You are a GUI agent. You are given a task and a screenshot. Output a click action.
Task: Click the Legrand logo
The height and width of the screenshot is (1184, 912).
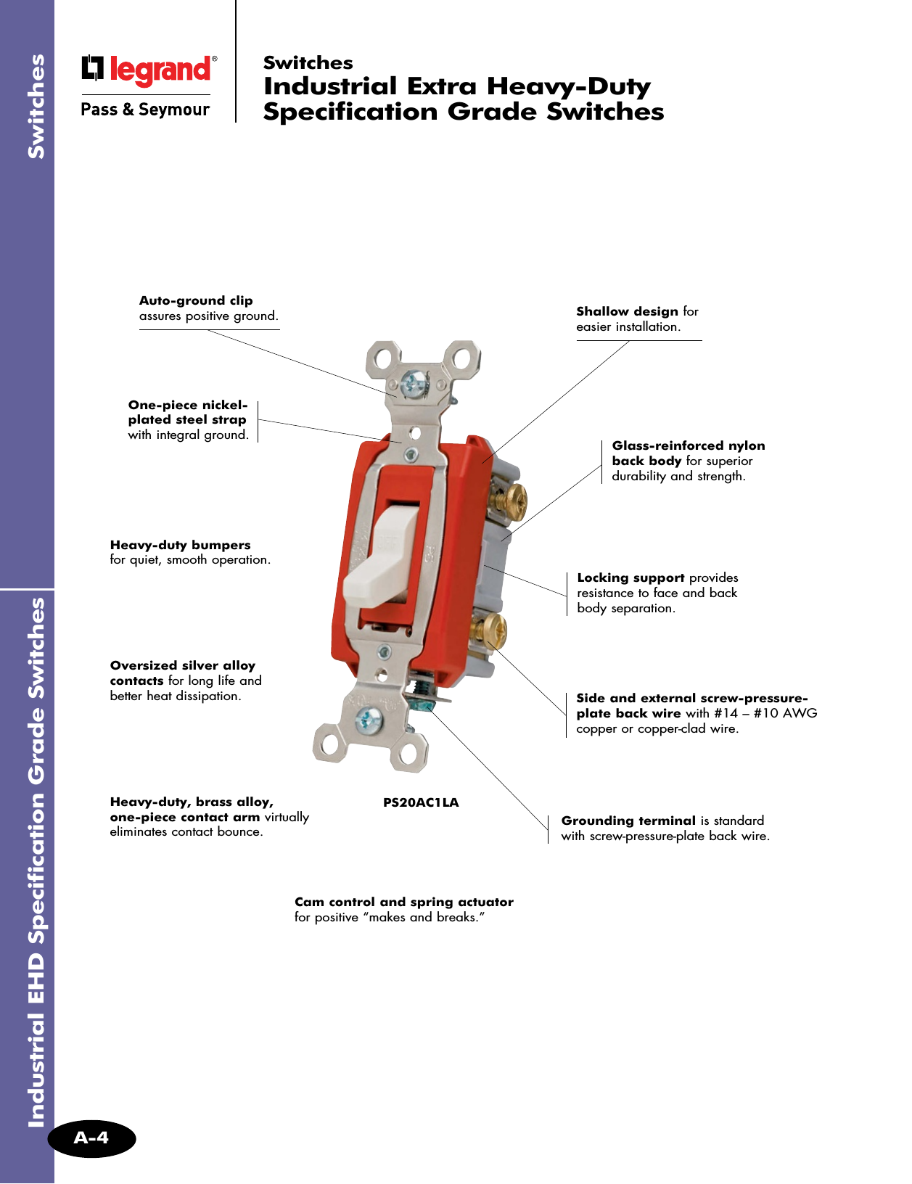(149, 70)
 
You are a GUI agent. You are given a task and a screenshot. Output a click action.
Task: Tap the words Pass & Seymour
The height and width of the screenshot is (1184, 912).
(145, 110)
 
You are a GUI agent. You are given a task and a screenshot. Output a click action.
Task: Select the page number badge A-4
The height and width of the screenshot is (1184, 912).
(91, 1138)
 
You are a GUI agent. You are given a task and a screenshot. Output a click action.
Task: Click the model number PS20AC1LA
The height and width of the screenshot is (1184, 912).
(421, 802)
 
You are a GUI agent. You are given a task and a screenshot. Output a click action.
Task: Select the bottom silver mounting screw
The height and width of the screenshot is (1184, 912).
(368, 720)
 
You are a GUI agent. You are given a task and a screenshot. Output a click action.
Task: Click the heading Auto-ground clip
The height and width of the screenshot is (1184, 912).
(196, 300)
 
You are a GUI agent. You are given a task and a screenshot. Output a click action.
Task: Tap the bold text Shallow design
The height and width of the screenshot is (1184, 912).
(627, 311)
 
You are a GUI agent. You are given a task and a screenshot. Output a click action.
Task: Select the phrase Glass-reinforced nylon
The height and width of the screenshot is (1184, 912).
(688, 445)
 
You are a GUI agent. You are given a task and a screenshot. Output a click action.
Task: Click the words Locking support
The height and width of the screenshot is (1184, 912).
(630, 577)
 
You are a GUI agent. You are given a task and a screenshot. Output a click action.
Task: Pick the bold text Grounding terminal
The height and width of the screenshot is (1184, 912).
(628, 821)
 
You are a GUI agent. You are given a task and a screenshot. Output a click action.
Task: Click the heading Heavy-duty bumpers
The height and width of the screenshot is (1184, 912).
(180, 545)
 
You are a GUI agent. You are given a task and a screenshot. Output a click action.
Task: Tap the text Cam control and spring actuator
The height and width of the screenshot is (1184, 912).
(403, 902)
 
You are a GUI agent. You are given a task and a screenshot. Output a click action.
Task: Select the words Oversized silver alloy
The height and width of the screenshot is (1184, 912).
(183, 665)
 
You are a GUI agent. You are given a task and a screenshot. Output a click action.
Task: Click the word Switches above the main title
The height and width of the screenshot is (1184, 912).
(308, 63)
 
